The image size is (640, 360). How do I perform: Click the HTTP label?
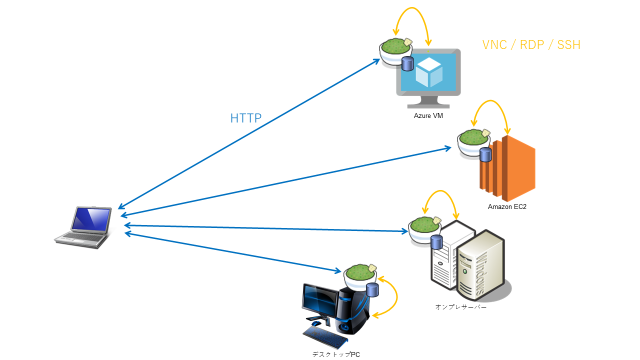click(x=245, y=118)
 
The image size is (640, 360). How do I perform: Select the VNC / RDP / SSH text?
click(x=531, y=44)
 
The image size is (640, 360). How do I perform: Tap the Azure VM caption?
click(x=428, y=116)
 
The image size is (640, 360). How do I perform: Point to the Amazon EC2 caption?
click(x=507, y=206)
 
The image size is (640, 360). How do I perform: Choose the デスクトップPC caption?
click(x=335, y=354)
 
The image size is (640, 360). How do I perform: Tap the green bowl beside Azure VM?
click(x=395, y=50)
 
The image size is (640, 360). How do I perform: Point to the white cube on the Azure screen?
click(x=429, y=73)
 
